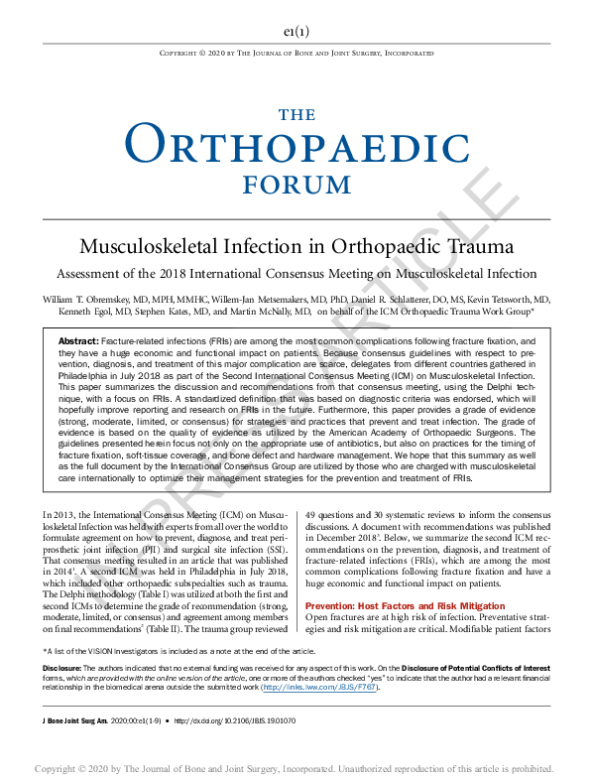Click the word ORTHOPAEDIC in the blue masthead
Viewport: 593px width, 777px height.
[x=296, y=145]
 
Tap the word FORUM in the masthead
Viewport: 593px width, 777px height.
[x=296, y=184]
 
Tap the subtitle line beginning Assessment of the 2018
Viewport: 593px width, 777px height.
[x=296, y=273]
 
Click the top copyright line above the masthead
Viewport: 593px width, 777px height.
[x=296, y=52]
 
